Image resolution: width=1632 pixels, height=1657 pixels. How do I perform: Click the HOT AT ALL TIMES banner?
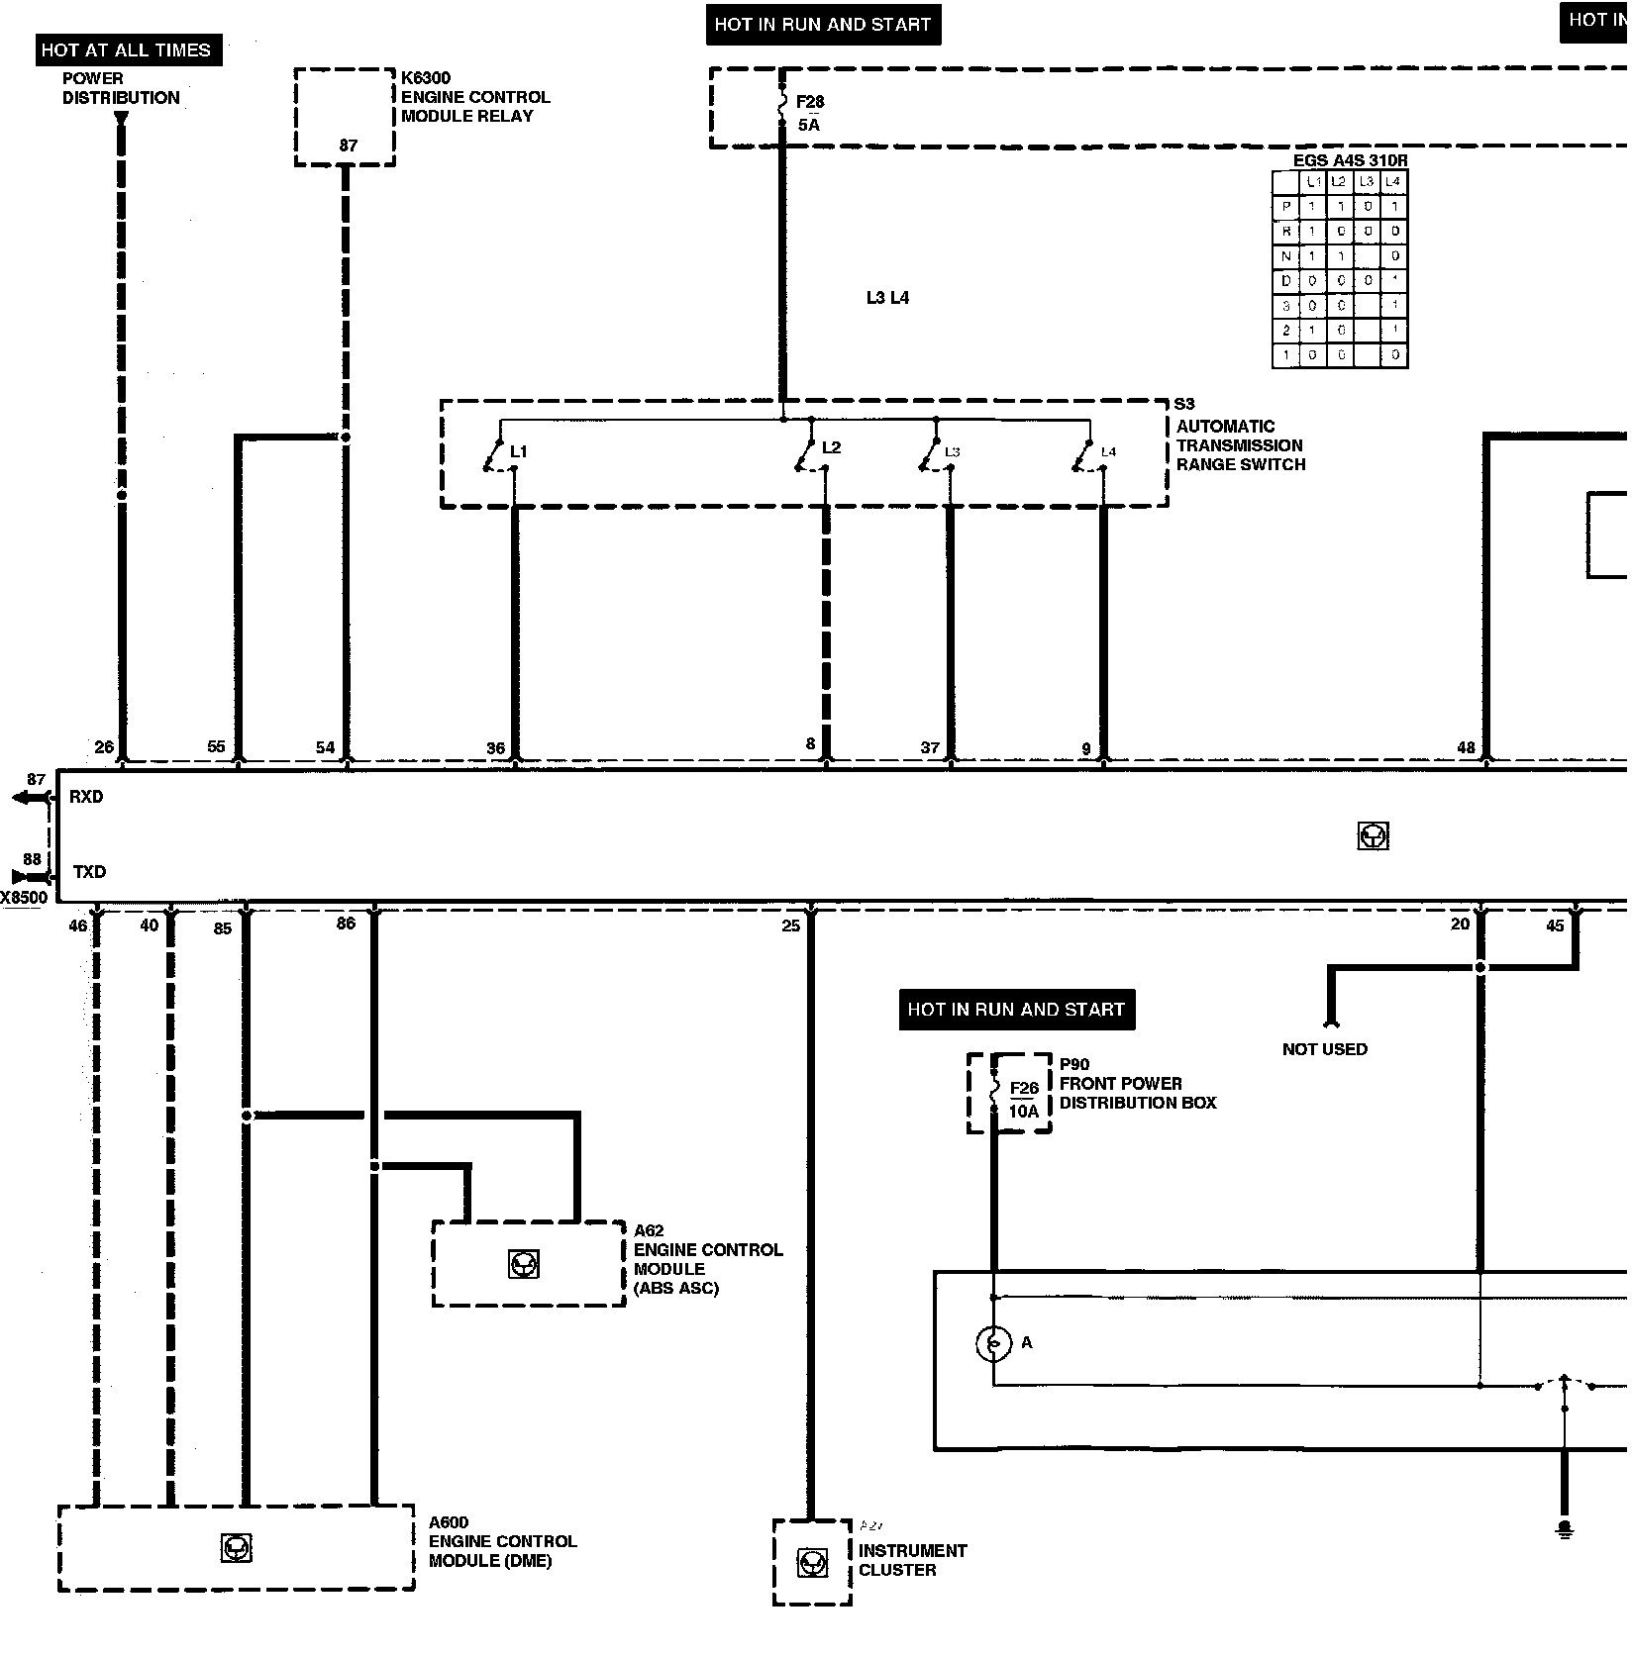(126, 49)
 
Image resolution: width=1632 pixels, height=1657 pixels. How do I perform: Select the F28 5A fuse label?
(809, 113)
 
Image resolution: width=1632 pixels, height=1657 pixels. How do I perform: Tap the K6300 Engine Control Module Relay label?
(474, 97)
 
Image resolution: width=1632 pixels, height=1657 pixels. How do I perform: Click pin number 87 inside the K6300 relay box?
(348, 146)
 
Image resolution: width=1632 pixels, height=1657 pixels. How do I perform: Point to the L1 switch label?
(518, 451)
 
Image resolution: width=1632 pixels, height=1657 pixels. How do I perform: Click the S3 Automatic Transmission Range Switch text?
(1240, 436)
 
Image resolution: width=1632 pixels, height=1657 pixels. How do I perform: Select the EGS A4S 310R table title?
(1350, 160)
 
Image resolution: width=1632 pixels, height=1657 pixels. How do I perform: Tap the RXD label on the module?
(86, 797)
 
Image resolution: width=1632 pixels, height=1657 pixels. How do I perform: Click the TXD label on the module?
(89, 872)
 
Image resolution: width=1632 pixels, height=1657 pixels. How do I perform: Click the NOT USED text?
(1324, 1049)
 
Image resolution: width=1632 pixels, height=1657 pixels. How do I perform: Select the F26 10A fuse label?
(1024, 1100)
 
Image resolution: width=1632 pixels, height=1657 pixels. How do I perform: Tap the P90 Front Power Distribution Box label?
(1137, 1084)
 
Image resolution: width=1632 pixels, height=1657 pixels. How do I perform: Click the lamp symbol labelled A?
(993, 1343)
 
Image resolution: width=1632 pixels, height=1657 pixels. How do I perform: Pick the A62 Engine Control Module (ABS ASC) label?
(707, 1259)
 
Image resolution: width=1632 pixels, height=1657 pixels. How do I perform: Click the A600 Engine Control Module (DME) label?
(502, 1541)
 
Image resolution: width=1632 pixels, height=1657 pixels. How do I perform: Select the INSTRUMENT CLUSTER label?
(912, 1560)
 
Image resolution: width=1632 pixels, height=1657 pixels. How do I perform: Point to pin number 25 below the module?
(790, 926)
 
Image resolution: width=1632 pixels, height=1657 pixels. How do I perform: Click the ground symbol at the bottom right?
(1565, 1530)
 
